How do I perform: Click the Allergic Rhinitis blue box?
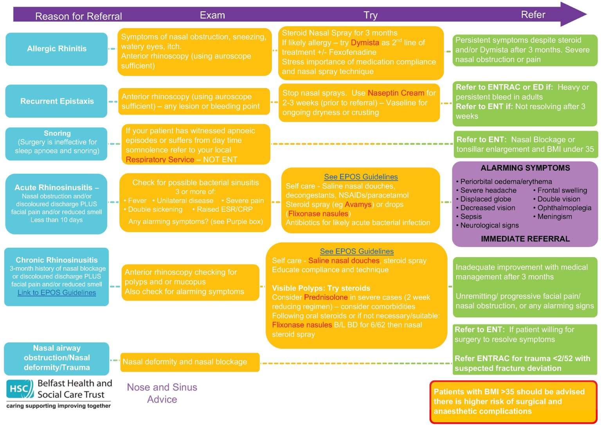click(57, 49)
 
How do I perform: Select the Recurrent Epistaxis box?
click(57, 101)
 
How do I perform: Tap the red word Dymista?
click(365, 43)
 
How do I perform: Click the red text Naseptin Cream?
click(396, 93)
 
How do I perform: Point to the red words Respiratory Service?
click(160, 159)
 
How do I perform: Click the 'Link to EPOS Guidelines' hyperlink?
click(57, 293)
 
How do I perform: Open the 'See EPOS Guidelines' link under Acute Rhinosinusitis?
click(361, 177)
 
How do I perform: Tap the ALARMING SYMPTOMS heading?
click(525, 168)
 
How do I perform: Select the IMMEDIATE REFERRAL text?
click(525, 239)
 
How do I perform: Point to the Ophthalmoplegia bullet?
click(564, 208)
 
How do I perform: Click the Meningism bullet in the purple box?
click(554, 216)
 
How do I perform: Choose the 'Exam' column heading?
click(212, 15)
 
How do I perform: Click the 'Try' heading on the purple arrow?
click(370, 15)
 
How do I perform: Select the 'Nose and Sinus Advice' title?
click(162, 393)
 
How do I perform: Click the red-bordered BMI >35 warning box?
click(513, 402)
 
